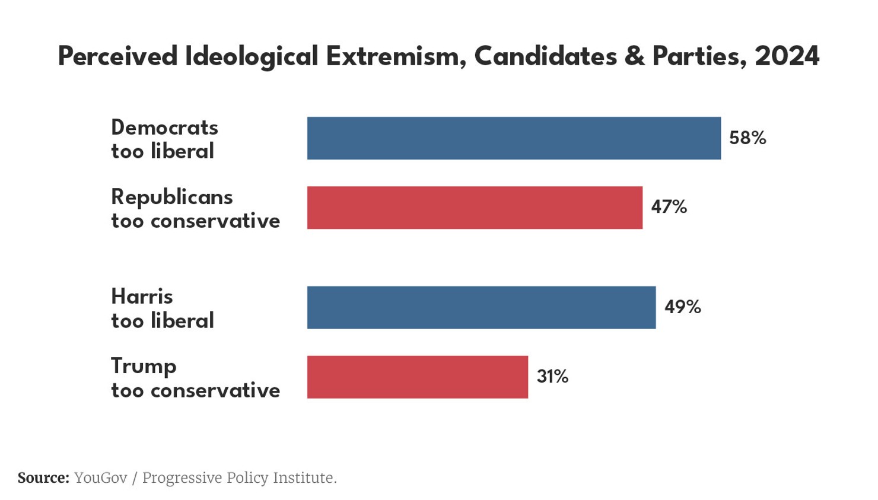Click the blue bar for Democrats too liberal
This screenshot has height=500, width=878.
click(x=514, y=138)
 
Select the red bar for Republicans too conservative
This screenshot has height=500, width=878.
click(x=475, y=208)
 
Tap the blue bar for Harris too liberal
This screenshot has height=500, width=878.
click(x=481, y=307)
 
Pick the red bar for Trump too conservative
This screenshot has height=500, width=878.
click(x=417, y=377)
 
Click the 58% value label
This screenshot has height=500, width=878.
click(x=747, y=138)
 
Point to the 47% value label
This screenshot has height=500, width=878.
click(x=669, y=207)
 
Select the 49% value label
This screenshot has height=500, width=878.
click(x=682, y=307)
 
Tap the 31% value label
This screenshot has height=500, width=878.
click(x=552, y=377)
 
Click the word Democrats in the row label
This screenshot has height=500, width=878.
click(x=164, y=128)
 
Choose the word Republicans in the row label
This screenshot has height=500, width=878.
click(x=171, y=197)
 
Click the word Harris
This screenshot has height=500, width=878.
click(x=142, y=297)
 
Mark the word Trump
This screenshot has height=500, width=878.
click(x=144, y=367)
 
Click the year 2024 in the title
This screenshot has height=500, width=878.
click(x=787, y=57)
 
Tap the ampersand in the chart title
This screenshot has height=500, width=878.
click(x=634, y=57)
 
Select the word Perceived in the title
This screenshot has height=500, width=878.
click(x=117, y=57)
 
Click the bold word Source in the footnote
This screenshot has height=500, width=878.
click(x=43, y=478)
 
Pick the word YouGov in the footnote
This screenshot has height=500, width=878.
click(x=100, y=478)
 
